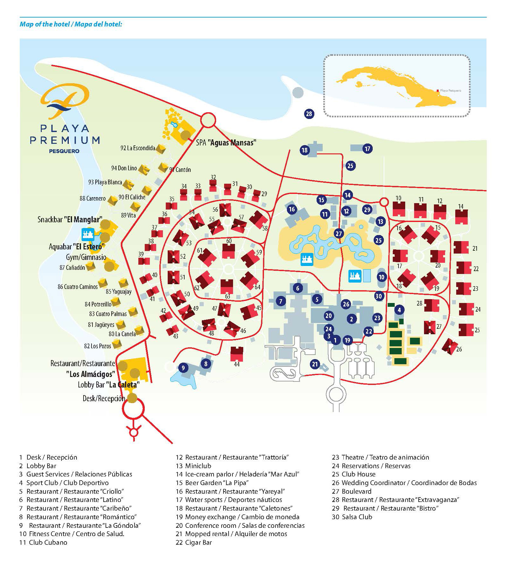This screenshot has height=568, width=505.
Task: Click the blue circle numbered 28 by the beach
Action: coord(309,114)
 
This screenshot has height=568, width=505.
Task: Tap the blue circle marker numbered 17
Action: coord(368,149)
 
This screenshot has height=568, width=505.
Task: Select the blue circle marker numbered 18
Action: coord(305,150)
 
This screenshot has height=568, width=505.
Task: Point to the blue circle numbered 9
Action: coord(183,368)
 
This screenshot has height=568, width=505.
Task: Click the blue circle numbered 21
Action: coord(315,364)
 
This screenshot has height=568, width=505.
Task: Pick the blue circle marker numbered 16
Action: coord(292,210)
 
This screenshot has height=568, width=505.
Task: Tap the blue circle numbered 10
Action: coord(382,277)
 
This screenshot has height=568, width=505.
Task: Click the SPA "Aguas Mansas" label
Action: coord(226,143)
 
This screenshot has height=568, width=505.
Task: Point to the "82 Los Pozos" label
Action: coord(98,346)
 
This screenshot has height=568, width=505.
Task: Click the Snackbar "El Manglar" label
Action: coord(70,219)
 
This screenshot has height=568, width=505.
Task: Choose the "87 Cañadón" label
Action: coord(72,268)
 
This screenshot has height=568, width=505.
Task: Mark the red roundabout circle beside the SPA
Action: coord(208,120)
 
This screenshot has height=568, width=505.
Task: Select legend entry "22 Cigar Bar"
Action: coord(194,542)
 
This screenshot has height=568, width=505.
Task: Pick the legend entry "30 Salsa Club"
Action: coord(352,517)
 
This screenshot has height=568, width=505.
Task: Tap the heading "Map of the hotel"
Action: coord(45,24)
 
